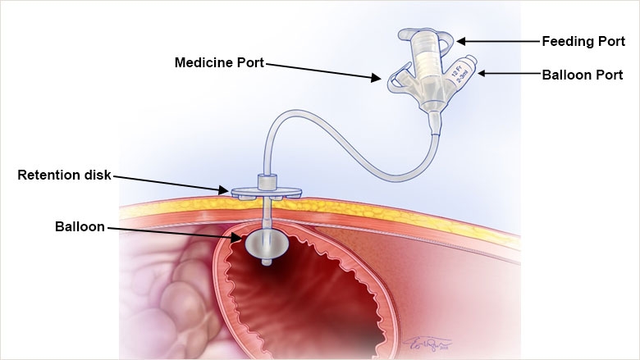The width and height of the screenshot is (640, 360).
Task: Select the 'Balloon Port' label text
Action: pos(583,75)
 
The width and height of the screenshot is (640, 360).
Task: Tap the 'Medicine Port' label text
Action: pos(219,62)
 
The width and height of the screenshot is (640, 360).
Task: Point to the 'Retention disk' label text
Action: pos(64,175)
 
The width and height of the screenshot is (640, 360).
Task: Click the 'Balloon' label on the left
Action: pos(80,226)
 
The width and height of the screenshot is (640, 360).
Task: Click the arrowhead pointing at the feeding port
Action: pos(460,40)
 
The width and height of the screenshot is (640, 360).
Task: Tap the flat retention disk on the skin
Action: pos(265,194)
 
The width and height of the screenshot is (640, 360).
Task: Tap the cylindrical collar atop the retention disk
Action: pos(265,182)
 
